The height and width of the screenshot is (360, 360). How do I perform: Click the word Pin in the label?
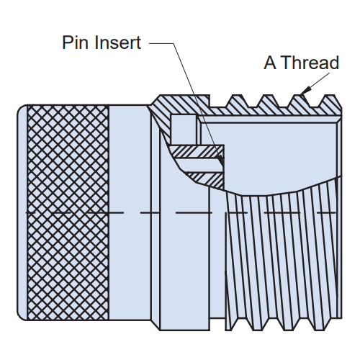[x=76, y=42]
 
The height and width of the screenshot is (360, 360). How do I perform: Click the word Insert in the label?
[x=117, y=42]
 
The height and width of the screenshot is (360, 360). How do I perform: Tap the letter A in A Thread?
[x=270, y=63]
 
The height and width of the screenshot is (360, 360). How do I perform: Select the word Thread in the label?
[x=310, y=63]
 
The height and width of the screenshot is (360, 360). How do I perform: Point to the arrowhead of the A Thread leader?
[x=305, y=91]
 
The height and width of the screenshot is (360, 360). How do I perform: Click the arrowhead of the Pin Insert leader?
[x=220, y=161]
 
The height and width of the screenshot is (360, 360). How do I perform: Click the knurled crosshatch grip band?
[x=68, y=212]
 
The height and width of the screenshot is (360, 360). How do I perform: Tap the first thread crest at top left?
[x=237, y=96]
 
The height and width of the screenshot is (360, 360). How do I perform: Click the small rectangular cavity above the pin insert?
[x=184, y=130]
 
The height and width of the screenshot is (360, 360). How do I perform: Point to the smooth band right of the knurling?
[x=130, y=212]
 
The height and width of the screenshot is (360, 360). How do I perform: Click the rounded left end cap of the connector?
[x=22, y=212]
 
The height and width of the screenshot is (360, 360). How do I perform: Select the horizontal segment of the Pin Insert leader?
[x=161, y=43]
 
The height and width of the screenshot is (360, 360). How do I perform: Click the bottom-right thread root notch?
[x=319, y=328]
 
